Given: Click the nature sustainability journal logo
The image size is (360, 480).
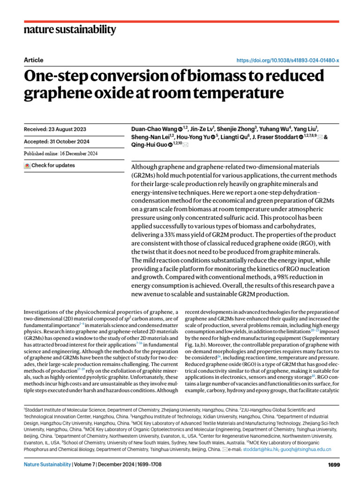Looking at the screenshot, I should coord(69,30).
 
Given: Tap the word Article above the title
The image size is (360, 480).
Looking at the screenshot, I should coord(33,60).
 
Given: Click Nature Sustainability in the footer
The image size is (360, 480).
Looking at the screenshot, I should coord(47,465).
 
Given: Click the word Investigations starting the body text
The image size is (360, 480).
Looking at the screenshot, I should coord(44,312).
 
